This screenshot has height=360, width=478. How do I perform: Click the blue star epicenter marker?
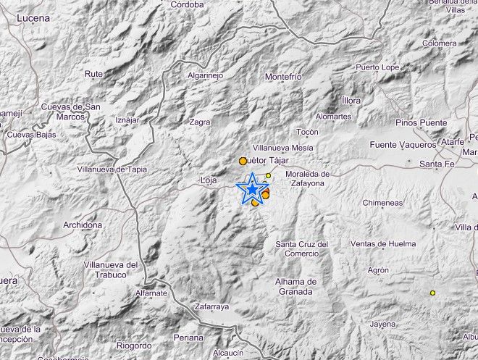(x=251, y=190)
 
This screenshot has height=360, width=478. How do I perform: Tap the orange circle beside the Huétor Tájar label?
(x=243, y=161)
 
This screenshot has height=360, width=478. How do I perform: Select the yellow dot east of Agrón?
(x=432, y=293)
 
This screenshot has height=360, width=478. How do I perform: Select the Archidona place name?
(x=83, y=225)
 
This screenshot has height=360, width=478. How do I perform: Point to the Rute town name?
(x=93, y=74)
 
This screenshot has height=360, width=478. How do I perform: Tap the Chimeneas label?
(x=382, y=204)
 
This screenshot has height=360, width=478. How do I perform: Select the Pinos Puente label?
(x=421, y=123)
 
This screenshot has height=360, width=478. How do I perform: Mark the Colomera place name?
(x=440, y=43)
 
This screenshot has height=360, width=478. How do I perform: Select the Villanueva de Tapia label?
(x=112, y=169)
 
